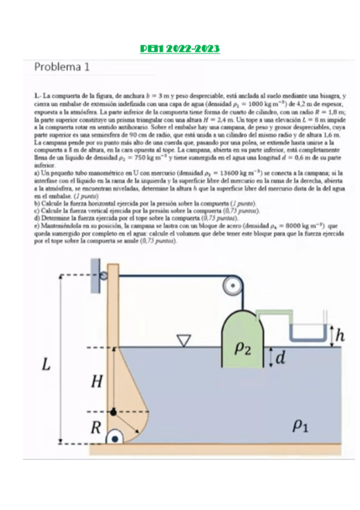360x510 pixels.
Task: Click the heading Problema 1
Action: pos(62,67)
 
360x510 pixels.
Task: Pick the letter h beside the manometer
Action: pos(340,335)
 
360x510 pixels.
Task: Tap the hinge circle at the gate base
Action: pos(113,437)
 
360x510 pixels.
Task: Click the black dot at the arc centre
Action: pos(114,412)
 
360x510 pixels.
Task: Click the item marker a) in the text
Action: pos(37,172)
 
